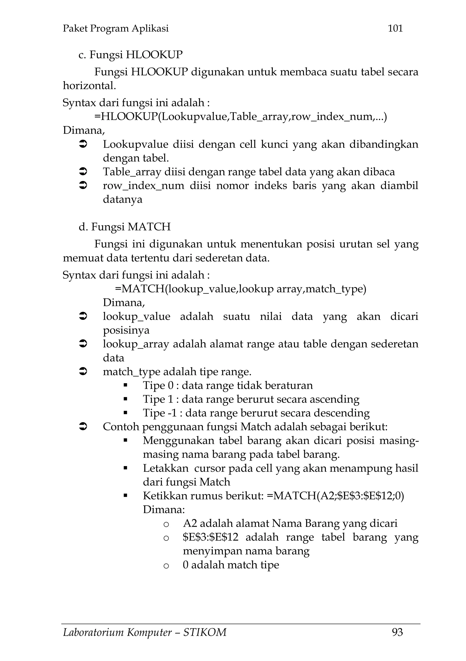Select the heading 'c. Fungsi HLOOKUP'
point(130,54)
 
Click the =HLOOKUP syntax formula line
point(241,117)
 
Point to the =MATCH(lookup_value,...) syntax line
point(241,289)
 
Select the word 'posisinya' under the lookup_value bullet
point(126,330)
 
